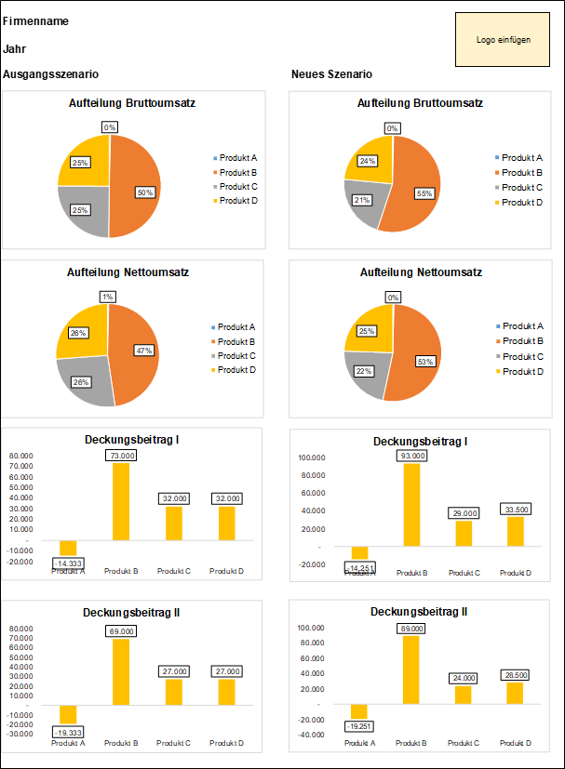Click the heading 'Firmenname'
(35, 21)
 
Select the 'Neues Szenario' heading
(331, 74)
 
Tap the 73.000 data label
(121, 456)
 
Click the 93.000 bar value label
(411, 457)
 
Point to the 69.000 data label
(121, 631)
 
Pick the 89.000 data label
(411, 629)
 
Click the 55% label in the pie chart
(424, 193)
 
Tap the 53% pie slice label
(424, 361)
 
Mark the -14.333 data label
(68, 563)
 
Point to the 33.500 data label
(515, 510)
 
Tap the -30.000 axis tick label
(20, 734)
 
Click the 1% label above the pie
(108, 297)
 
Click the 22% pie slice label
(363, 372)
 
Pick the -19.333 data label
(68, 732)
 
